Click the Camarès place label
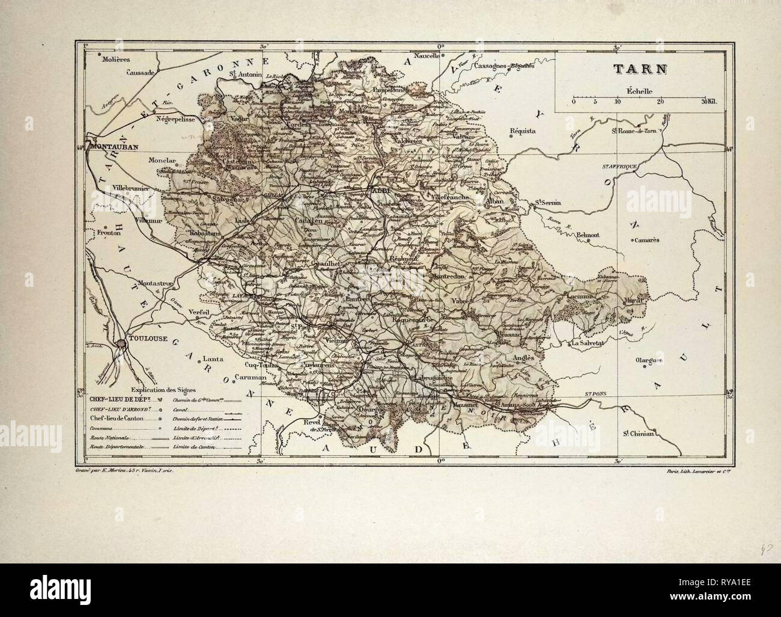coord(646,239)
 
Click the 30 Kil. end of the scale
coord(710,102)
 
